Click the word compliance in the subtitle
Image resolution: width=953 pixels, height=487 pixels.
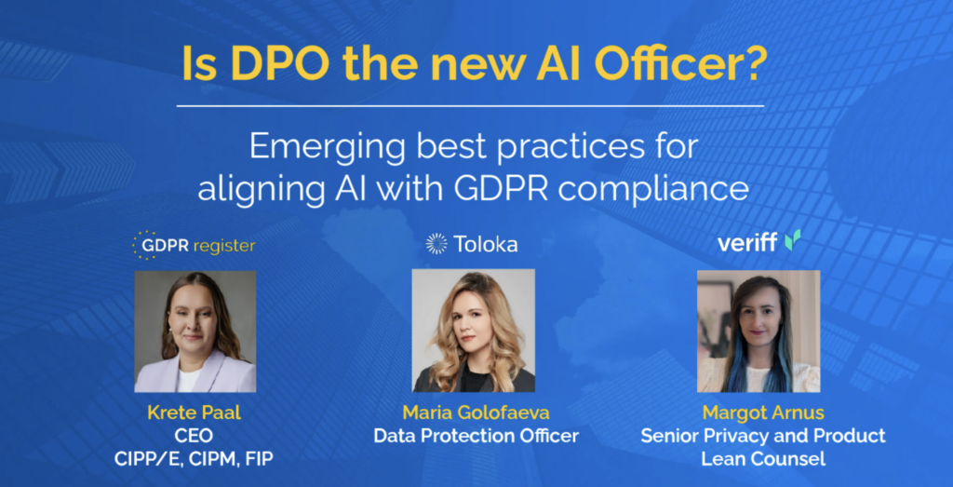click(653, 192)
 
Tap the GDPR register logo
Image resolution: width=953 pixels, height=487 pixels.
click(194, 246)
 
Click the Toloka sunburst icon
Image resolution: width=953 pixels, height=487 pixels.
click(436, 243)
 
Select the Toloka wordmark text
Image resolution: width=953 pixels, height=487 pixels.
click(486, 244)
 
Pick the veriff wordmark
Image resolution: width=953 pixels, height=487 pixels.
click(747, 243)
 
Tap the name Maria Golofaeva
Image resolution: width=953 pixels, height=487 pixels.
click(476, 413)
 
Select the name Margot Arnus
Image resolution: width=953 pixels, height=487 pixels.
click(763, 413)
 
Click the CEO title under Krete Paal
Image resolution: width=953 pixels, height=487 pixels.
click(195, 437)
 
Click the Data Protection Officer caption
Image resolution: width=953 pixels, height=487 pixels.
click(476, 436)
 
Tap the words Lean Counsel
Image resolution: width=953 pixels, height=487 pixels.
click(763, 458)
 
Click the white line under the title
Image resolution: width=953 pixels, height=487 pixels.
click(470, 106)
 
